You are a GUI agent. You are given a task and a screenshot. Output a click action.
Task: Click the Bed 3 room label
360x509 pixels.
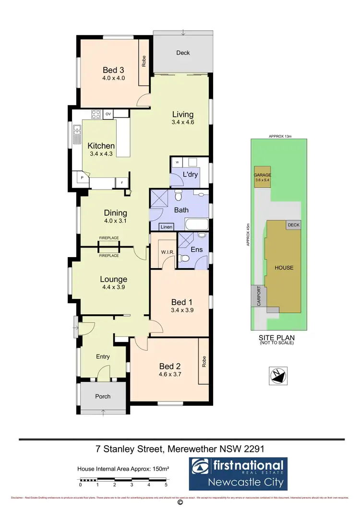tap(114, 70)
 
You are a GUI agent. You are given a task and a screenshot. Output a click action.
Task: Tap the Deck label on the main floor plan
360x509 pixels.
tap(183, 53)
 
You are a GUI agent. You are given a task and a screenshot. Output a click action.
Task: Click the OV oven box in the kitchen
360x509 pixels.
tap(108, 114)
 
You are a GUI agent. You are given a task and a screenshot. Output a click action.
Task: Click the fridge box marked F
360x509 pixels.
tap(122, 182)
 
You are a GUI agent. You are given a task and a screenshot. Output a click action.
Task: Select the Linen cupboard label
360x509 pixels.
tap(167, 226)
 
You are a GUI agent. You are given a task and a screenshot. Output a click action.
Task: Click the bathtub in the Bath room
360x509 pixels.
tap(197, 224)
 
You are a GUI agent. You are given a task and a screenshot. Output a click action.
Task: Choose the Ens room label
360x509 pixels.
tap(197, 249)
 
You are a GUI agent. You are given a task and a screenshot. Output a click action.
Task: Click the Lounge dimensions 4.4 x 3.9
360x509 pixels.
tap(114, 288)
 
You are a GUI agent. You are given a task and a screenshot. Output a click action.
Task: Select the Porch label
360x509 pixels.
tap(103, 396)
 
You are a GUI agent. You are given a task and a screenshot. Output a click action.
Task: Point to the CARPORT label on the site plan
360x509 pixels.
tap(258, 296)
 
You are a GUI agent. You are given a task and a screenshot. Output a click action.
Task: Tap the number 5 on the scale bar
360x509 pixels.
tap(166, 485)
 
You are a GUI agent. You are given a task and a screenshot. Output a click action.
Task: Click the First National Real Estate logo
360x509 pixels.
tap(238, 473)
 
